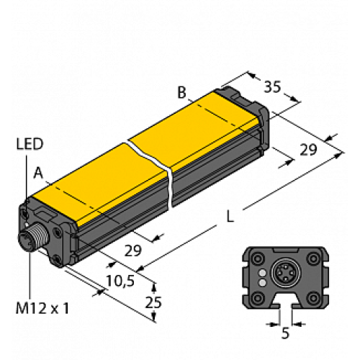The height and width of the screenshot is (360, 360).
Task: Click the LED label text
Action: [x=30, y=144]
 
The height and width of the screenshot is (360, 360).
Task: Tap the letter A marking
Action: [x=37, y=171]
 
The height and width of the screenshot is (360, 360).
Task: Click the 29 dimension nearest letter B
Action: [x=307, y=150]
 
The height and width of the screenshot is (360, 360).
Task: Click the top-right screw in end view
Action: [x=313, y=258]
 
